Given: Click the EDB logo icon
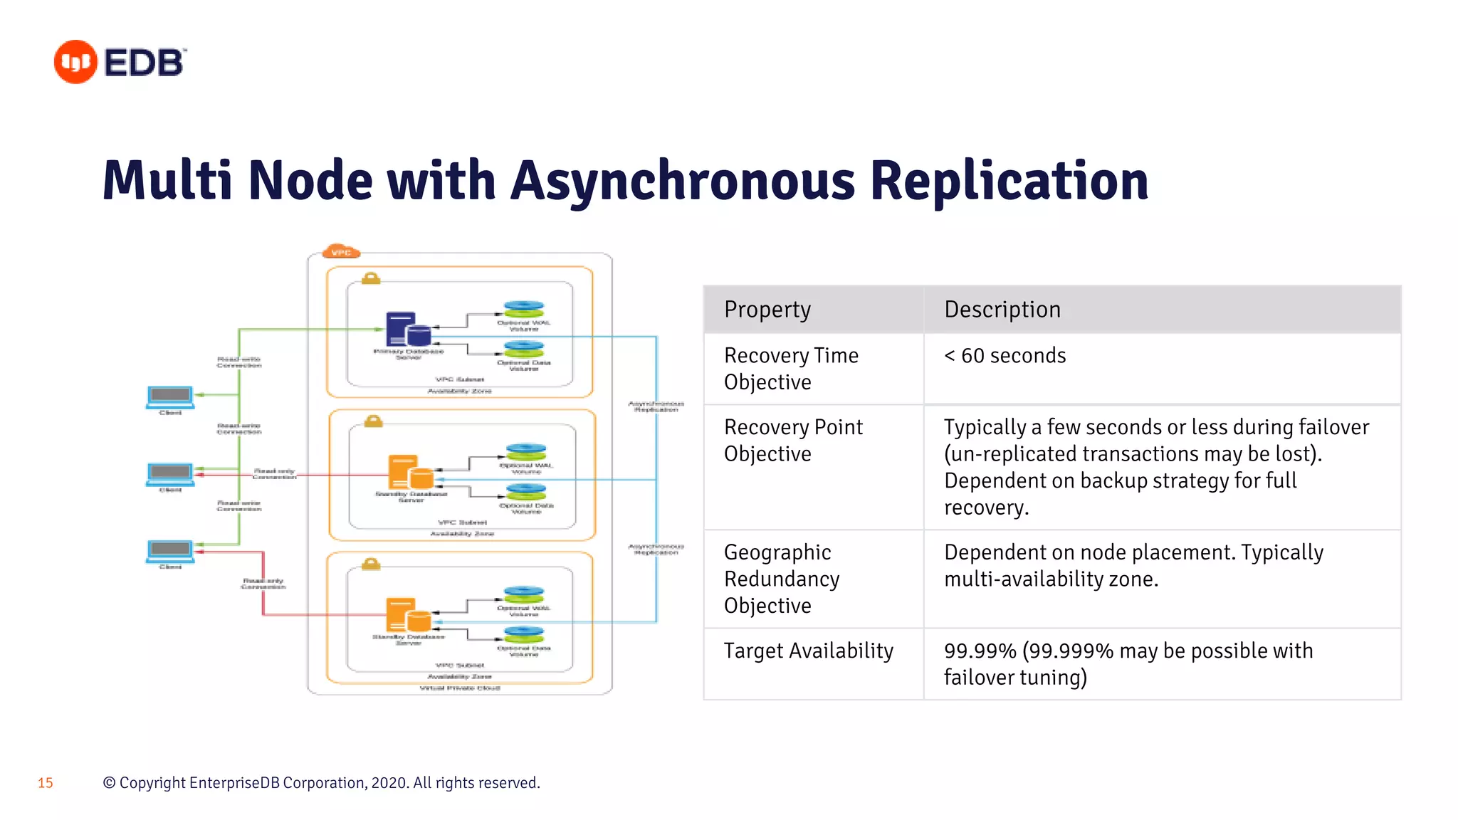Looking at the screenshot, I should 75,62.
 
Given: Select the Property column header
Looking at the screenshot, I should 767,310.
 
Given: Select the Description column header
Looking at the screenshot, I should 1002,310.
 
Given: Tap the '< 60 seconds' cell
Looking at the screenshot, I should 1005,355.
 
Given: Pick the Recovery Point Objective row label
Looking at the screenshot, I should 792,440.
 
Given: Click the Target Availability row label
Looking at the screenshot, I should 808,651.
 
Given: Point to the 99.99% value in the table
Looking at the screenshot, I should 980,651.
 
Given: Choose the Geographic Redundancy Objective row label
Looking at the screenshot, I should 781,578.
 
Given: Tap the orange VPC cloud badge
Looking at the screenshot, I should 341,252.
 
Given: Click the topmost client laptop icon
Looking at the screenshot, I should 170,397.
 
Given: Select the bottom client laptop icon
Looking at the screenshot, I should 170,551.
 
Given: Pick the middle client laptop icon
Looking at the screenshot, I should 170,473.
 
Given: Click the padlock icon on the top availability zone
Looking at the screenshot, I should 370,278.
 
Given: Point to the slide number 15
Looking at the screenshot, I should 46,783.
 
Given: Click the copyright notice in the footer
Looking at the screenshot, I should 321,783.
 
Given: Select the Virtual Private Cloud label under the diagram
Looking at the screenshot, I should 459,688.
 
